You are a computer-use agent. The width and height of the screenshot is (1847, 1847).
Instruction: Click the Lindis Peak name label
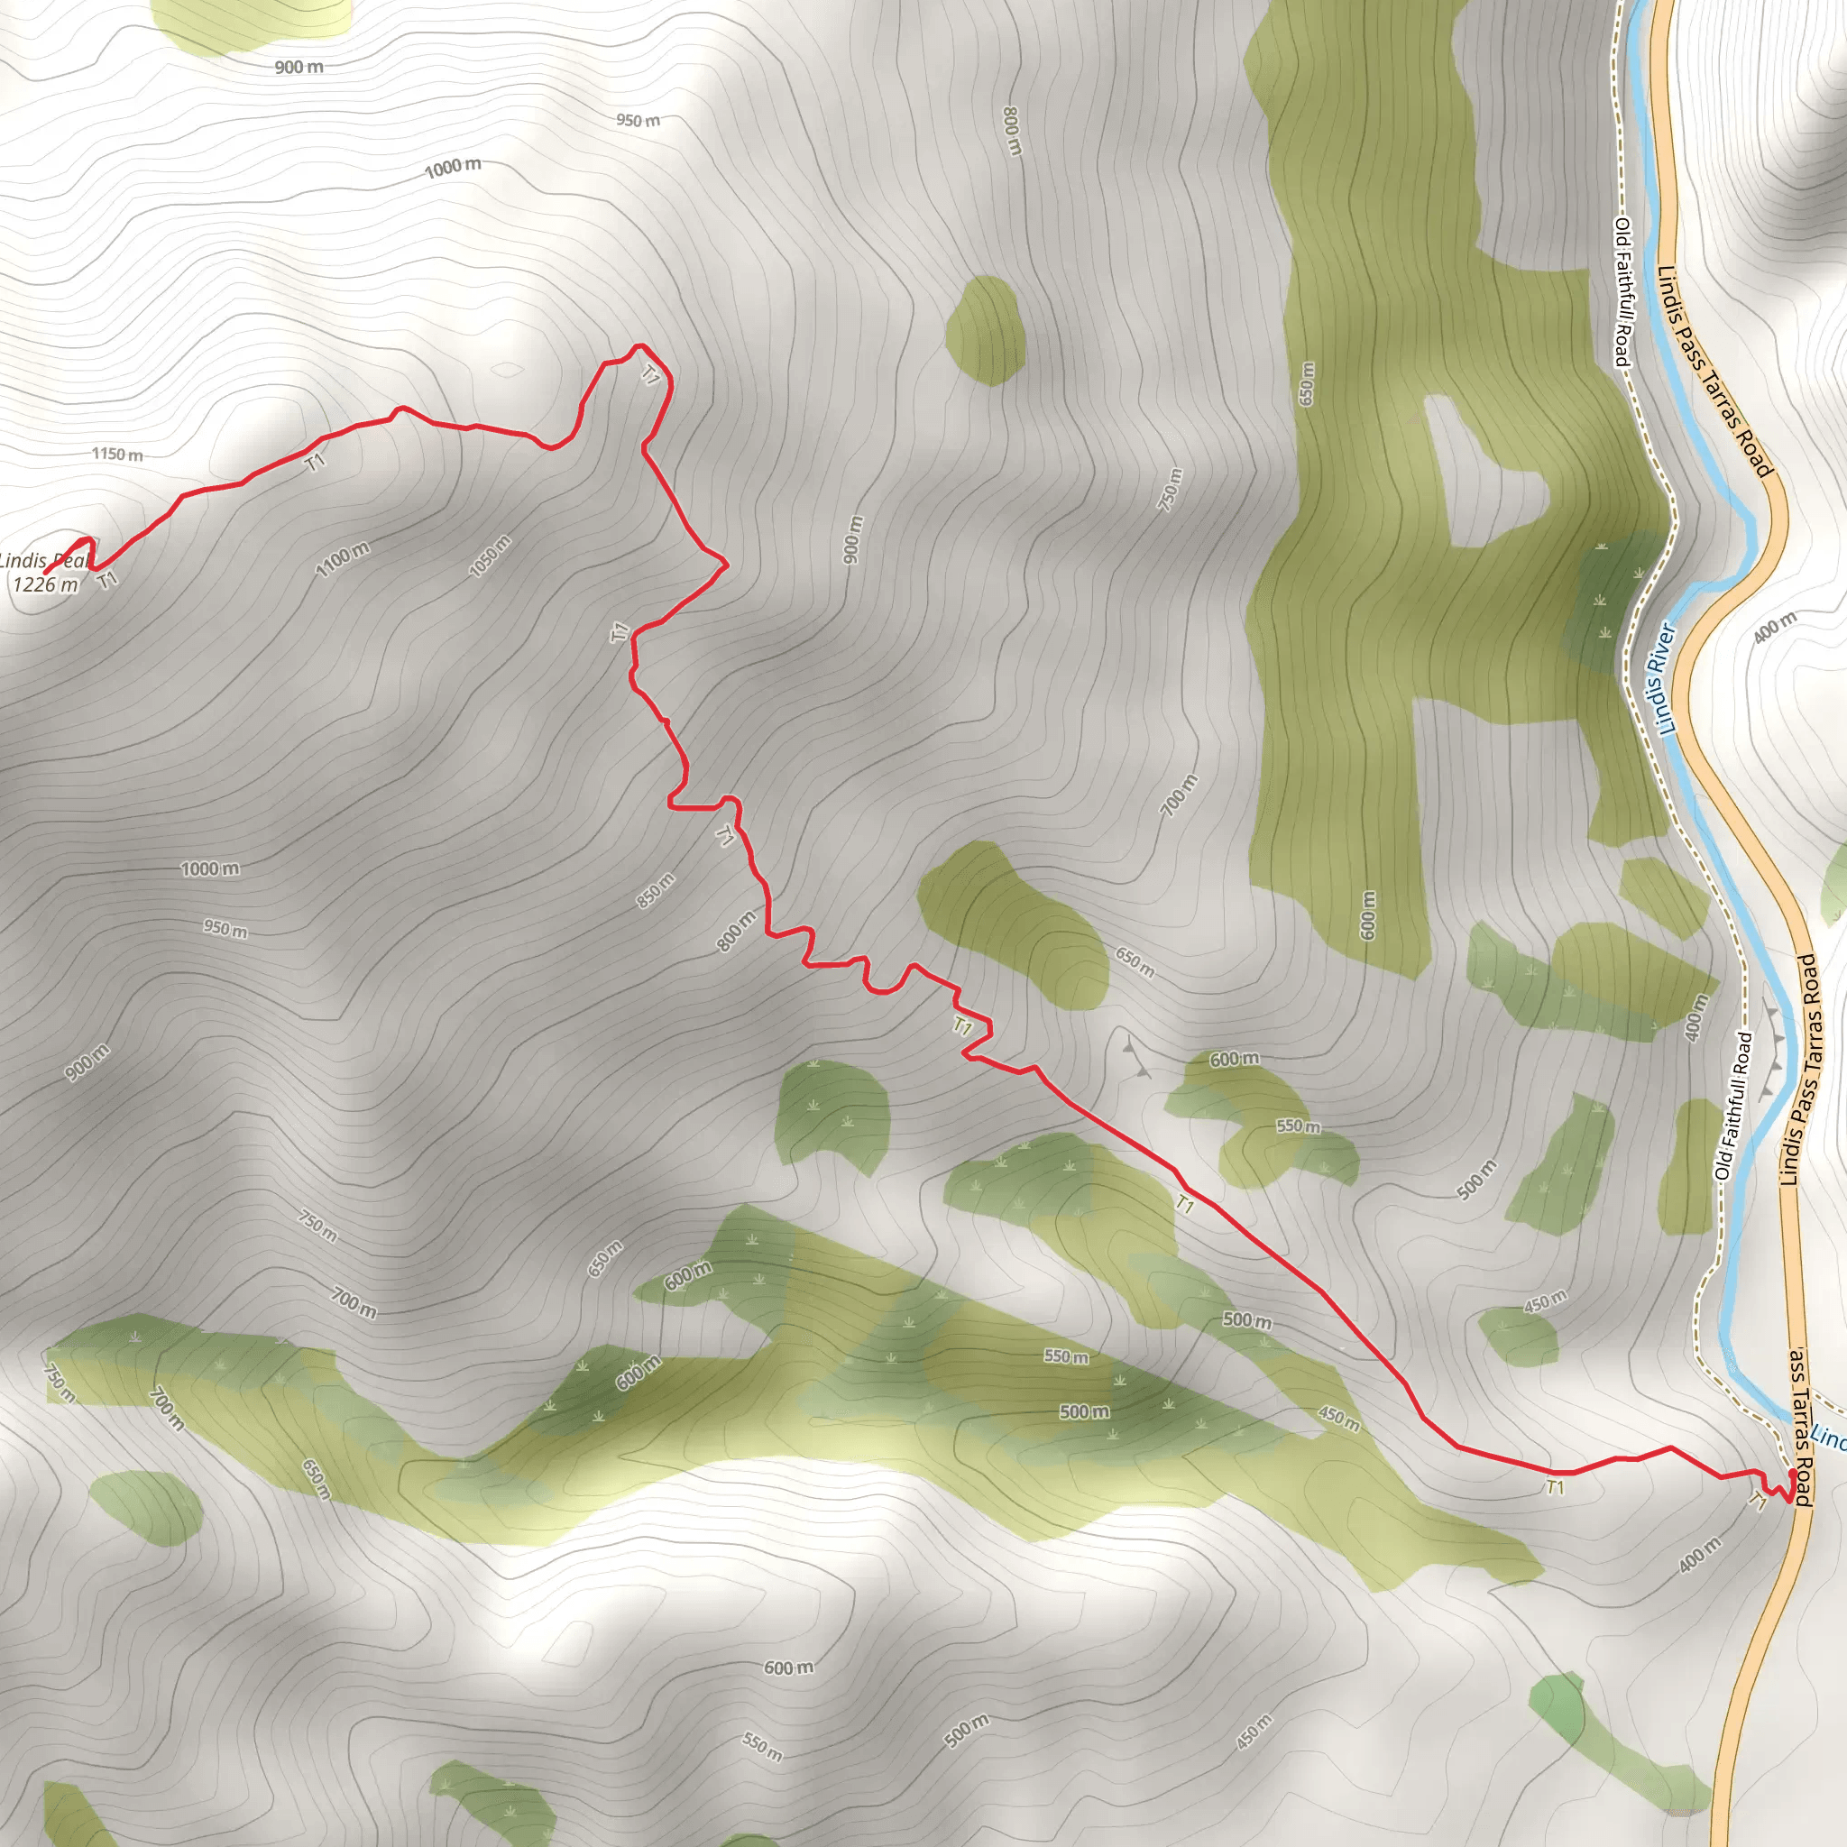pyautogui.click(x=44, y=560)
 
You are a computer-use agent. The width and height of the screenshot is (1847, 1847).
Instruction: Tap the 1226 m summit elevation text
pyautogui.click(x=44, y=584)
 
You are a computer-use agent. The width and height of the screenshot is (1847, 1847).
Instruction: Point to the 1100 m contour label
pyautogui.click(x=342, y=559)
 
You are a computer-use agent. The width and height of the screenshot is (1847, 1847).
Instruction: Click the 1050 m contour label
pyautogui.click(x=490, y=556)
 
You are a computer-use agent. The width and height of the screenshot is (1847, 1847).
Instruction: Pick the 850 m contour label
pyautogui.click(x=656, y=891)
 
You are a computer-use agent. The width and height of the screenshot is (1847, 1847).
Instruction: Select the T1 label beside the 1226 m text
pyautogui.click(x=108, y=579)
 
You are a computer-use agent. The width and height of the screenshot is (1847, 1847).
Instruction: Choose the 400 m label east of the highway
pyautogui.click(x=1775, y=626)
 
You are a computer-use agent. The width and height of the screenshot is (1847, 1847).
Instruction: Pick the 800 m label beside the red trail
pyautogui.click(x=736, y=931)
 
